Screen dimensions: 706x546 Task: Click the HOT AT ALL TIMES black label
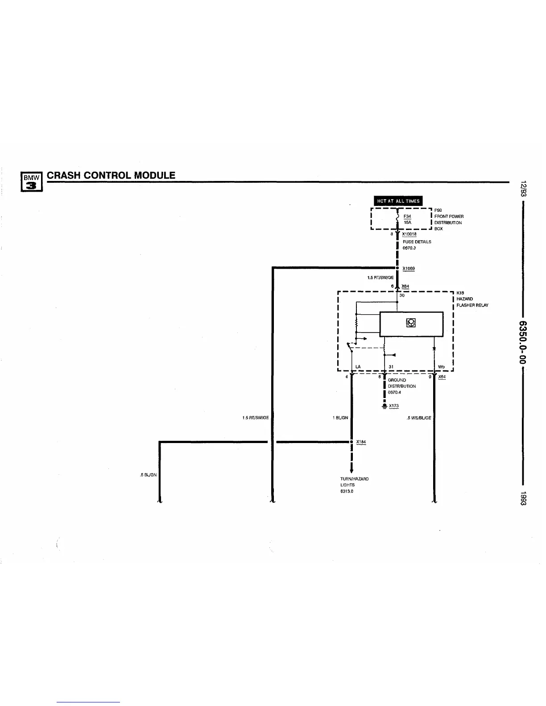click(x=398, y=201)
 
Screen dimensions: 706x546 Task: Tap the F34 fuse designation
click(x=407, y=216)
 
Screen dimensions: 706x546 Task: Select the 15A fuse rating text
click(x=407, y=222)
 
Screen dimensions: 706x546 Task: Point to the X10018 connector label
click(x=409, y=234)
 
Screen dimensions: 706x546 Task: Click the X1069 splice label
click(x=409, y=268)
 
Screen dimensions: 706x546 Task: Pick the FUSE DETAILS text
click(x=417, y=242)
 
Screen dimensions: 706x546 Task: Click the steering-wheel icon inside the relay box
click(x=411, y=323)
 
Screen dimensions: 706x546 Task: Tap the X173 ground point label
click(x=393, y=406)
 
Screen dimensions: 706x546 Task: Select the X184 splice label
click(x=361, y=442)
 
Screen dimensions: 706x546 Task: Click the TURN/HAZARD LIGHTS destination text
click(x=354, y=482)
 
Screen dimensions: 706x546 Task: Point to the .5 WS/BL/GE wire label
click(x=419, y=418)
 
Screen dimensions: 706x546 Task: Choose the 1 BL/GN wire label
click(x=340, y=418)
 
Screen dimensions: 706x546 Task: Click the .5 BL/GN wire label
click(x=148, y=475)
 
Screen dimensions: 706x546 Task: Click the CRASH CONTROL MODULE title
click(x=111, y=175)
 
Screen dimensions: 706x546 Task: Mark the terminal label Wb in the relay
click(x=442, y=367)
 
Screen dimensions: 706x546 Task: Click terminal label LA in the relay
click(x=358, y=367)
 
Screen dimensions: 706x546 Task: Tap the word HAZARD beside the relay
click(x=464, y=299)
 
